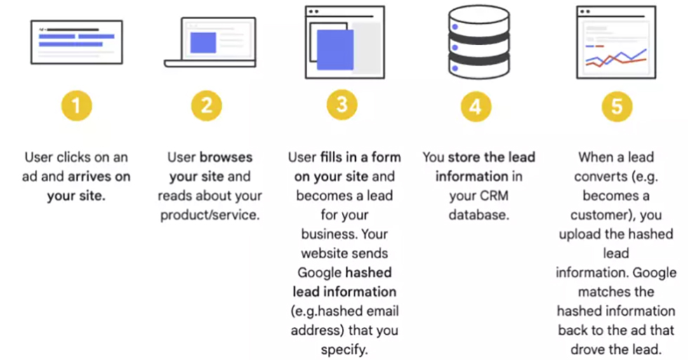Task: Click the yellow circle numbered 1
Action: tap(77, 106)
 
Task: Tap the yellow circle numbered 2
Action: tap(206, 106)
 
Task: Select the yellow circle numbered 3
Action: tap(343, 105)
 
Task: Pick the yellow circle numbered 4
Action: tap(476, 107)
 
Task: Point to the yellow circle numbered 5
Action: tap(617, 107)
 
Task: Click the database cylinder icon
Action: tap(479, 43)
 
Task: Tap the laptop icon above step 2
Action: tap(210, 43)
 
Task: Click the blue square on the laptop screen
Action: tap(203, 43)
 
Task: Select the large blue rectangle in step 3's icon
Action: tap(336, 50)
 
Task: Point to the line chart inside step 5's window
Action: tap(616, 58)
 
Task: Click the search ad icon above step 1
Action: tap(77, 42)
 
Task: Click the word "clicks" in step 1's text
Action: tap(77, 157)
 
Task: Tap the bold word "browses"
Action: tap(226, 157)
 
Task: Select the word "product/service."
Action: tap(210, 215)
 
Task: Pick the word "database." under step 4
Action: tap(479, 215)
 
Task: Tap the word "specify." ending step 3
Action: tap(345, 350)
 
